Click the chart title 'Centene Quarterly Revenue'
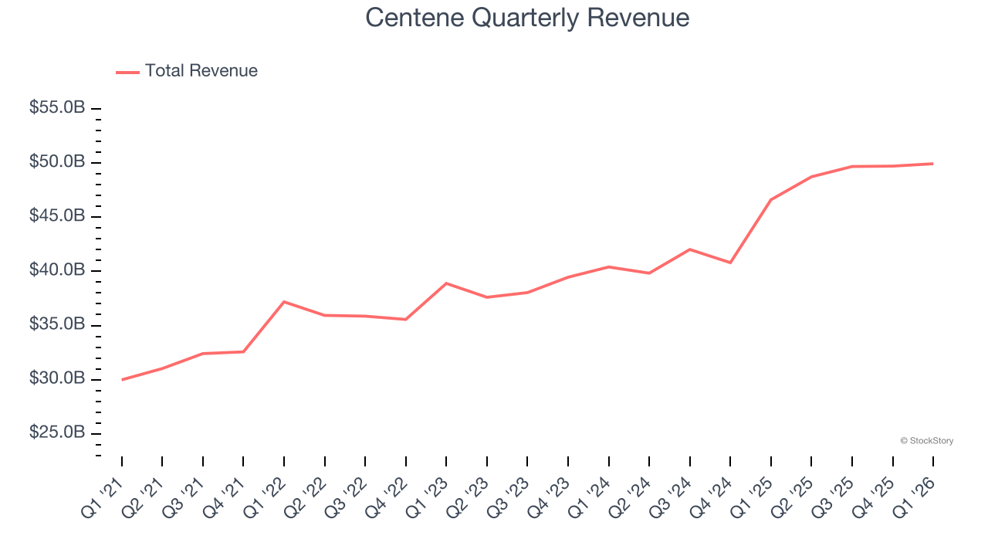click(527, 17)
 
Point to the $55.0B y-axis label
click(57, 108)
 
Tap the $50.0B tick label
click(57, 162)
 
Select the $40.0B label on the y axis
click(57, 270)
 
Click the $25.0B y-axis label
click(57, 432)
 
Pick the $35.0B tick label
click(57, 324)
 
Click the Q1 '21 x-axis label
click(103, 497)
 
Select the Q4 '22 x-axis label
click(387, 497)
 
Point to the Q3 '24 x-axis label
click(671, 497)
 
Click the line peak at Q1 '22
click(284, 302)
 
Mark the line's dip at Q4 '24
click(730, 263)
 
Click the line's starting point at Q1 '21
click(122, 379)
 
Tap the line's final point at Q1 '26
click(932, 164)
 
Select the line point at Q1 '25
click(771, 199)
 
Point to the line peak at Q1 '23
click(446, 283)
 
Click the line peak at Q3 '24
click(689, 249)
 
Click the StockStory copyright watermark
click(926, 441)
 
